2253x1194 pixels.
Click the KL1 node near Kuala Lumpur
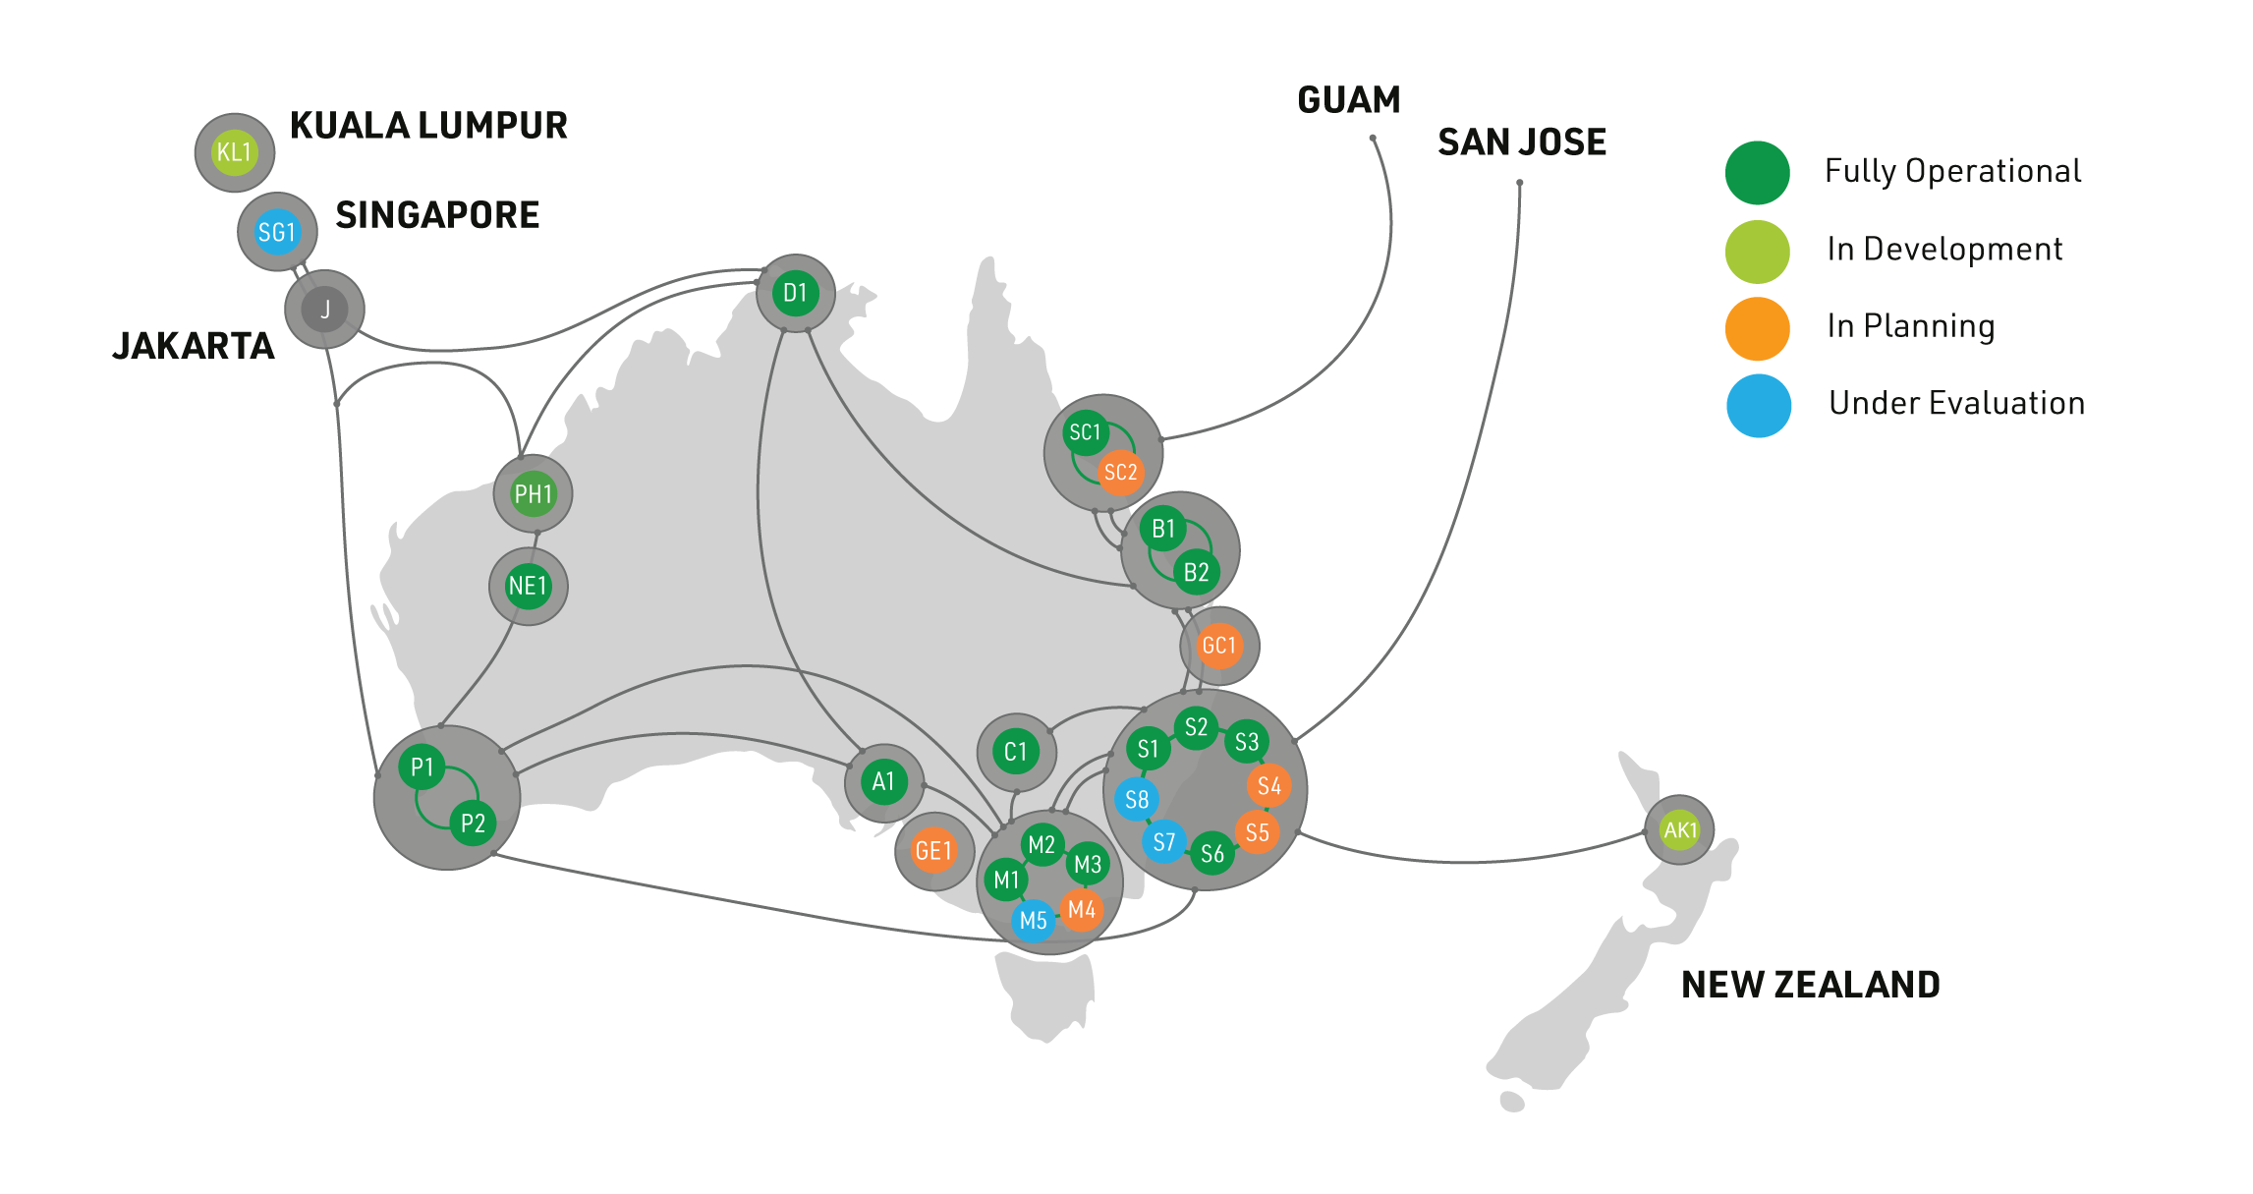point(235,152)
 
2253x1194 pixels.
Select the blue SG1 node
point(277,232)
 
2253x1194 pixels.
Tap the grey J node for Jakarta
point(324,310)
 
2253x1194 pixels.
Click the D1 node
point(796,293)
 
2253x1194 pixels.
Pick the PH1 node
point(534,493)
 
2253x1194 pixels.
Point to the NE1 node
point(529,587)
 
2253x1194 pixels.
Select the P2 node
point(473,824)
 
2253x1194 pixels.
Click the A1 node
point(883,782)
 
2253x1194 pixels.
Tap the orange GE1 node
point(933,851)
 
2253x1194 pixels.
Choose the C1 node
point(1016,753)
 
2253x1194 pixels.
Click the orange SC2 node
point(1120,473)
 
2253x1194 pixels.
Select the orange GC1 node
point(1219,646)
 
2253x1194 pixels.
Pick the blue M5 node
point(1033,921)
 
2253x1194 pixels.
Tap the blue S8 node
point(1137,800)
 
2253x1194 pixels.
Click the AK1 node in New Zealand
point(1680,830)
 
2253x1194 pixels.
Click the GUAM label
point(1349,100)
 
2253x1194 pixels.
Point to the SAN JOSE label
point(1522,142)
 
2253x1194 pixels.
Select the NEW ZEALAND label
point(1811,985)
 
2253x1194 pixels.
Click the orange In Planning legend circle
point(1758,328)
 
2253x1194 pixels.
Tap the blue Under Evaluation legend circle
point(1759,406)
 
